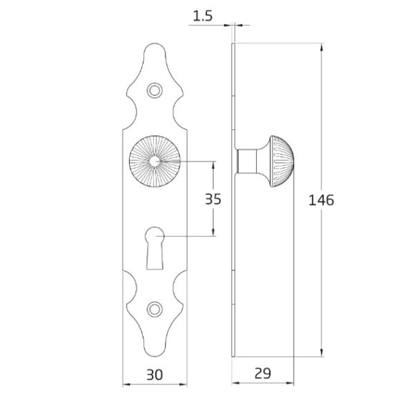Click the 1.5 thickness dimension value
tap(203, 16)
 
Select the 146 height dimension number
tap(321, 200)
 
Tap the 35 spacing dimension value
tap(213, 199)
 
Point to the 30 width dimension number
tap(155, 375)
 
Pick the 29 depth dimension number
tap(263, 373)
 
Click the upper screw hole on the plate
tap(155, 90)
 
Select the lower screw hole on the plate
tap(155, 309)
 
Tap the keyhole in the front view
tap(155, 248)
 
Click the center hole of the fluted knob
tap(155, 161)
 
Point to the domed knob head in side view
tap(282, 161)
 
